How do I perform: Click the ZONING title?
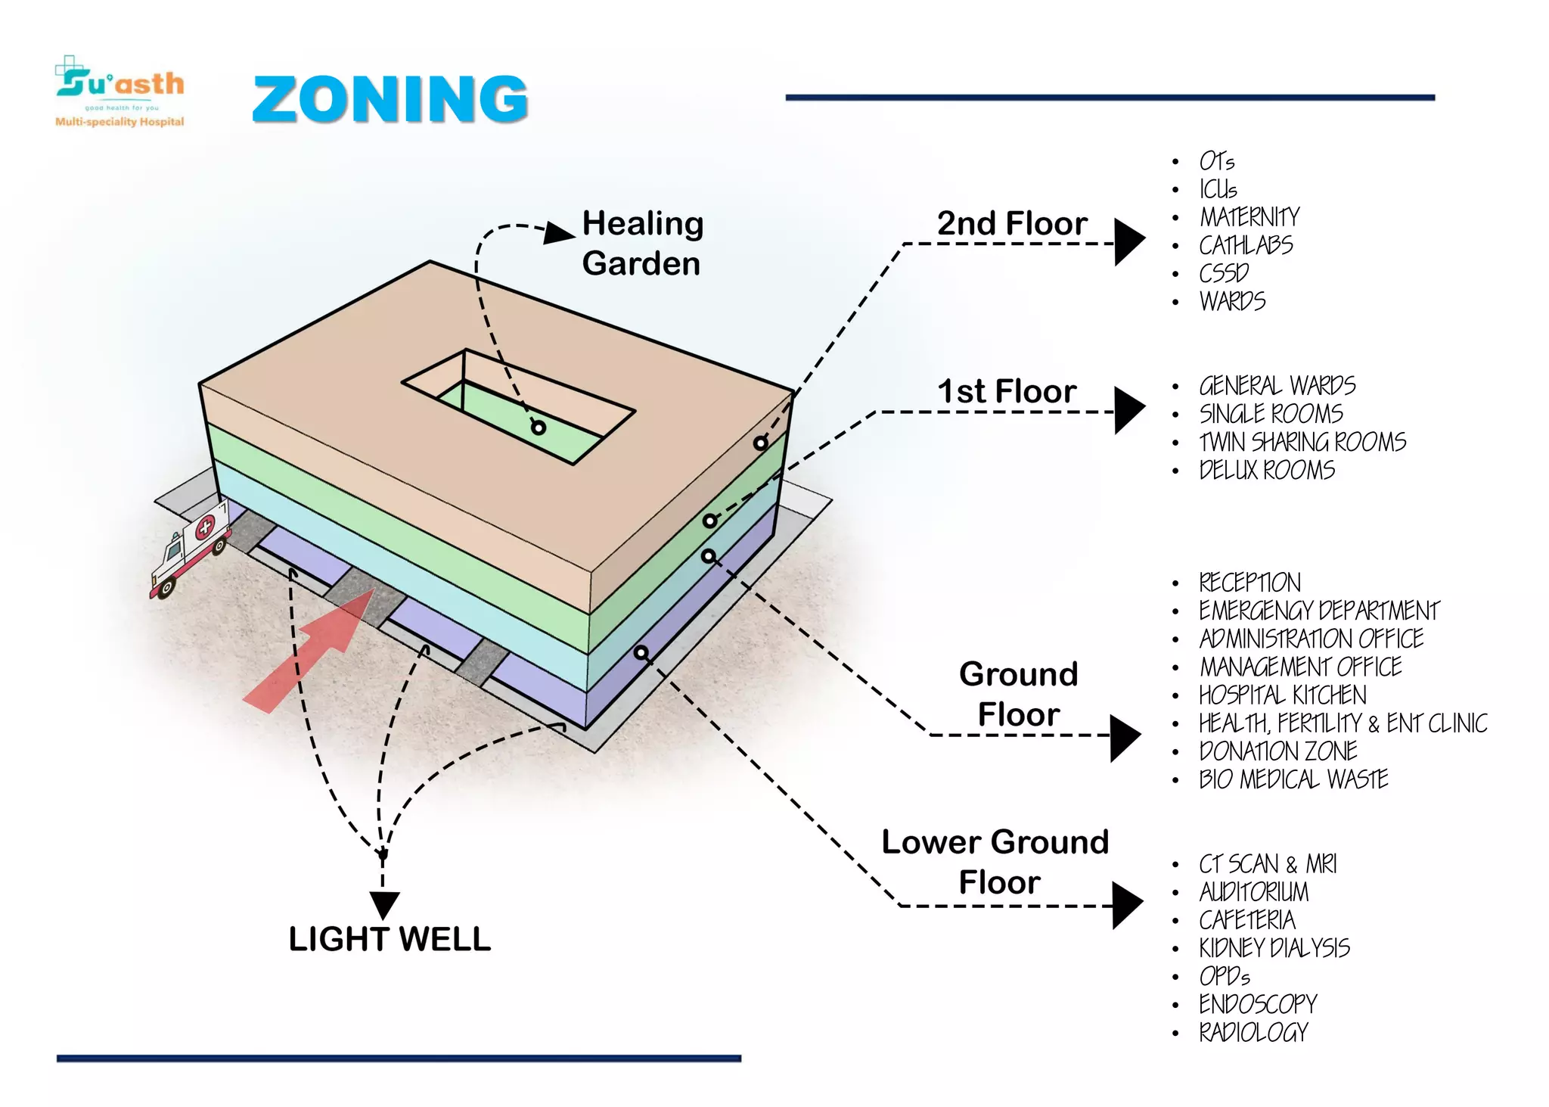[x=390, y=99]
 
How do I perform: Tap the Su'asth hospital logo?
[x=120, y=91]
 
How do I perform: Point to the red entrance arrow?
[x=309, y=651]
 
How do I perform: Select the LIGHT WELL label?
[x=390, y=939]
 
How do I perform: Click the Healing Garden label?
[x=643, y=244]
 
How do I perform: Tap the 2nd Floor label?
[x=1012, y=223]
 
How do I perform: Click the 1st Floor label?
[x=1007, y=391]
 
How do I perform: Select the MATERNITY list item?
[x=1249, y=217]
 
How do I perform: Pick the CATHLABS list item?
[x=1246, y=245]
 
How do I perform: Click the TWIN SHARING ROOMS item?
[x=1302, y=442]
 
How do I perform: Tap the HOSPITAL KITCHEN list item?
[x=1283, y=695]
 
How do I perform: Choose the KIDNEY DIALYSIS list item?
[x=1274, y=947]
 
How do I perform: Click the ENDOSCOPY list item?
[x=1258, y=1004]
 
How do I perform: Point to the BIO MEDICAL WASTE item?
[x=1293, y=779]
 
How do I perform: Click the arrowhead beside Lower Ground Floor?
[x=1127, y=905]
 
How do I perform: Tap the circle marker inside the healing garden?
[x=539, y=428]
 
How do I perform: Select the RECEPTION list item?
[x=1249, y=583]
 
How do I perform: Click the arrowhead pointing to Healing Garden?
[x=559, y=233]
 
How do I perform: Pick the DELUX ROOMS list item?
[x=1267, y=470]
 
